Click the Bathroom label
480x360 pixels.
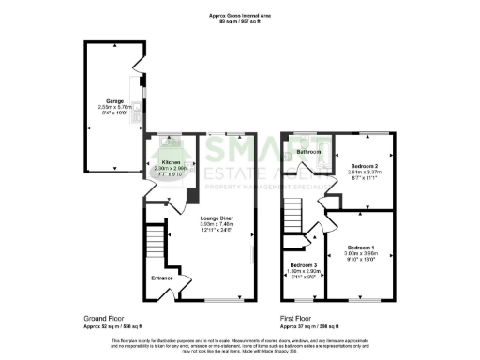click(x=309, y=152)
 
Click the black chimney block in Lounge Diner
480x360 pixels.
click(x=191, y=196)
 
